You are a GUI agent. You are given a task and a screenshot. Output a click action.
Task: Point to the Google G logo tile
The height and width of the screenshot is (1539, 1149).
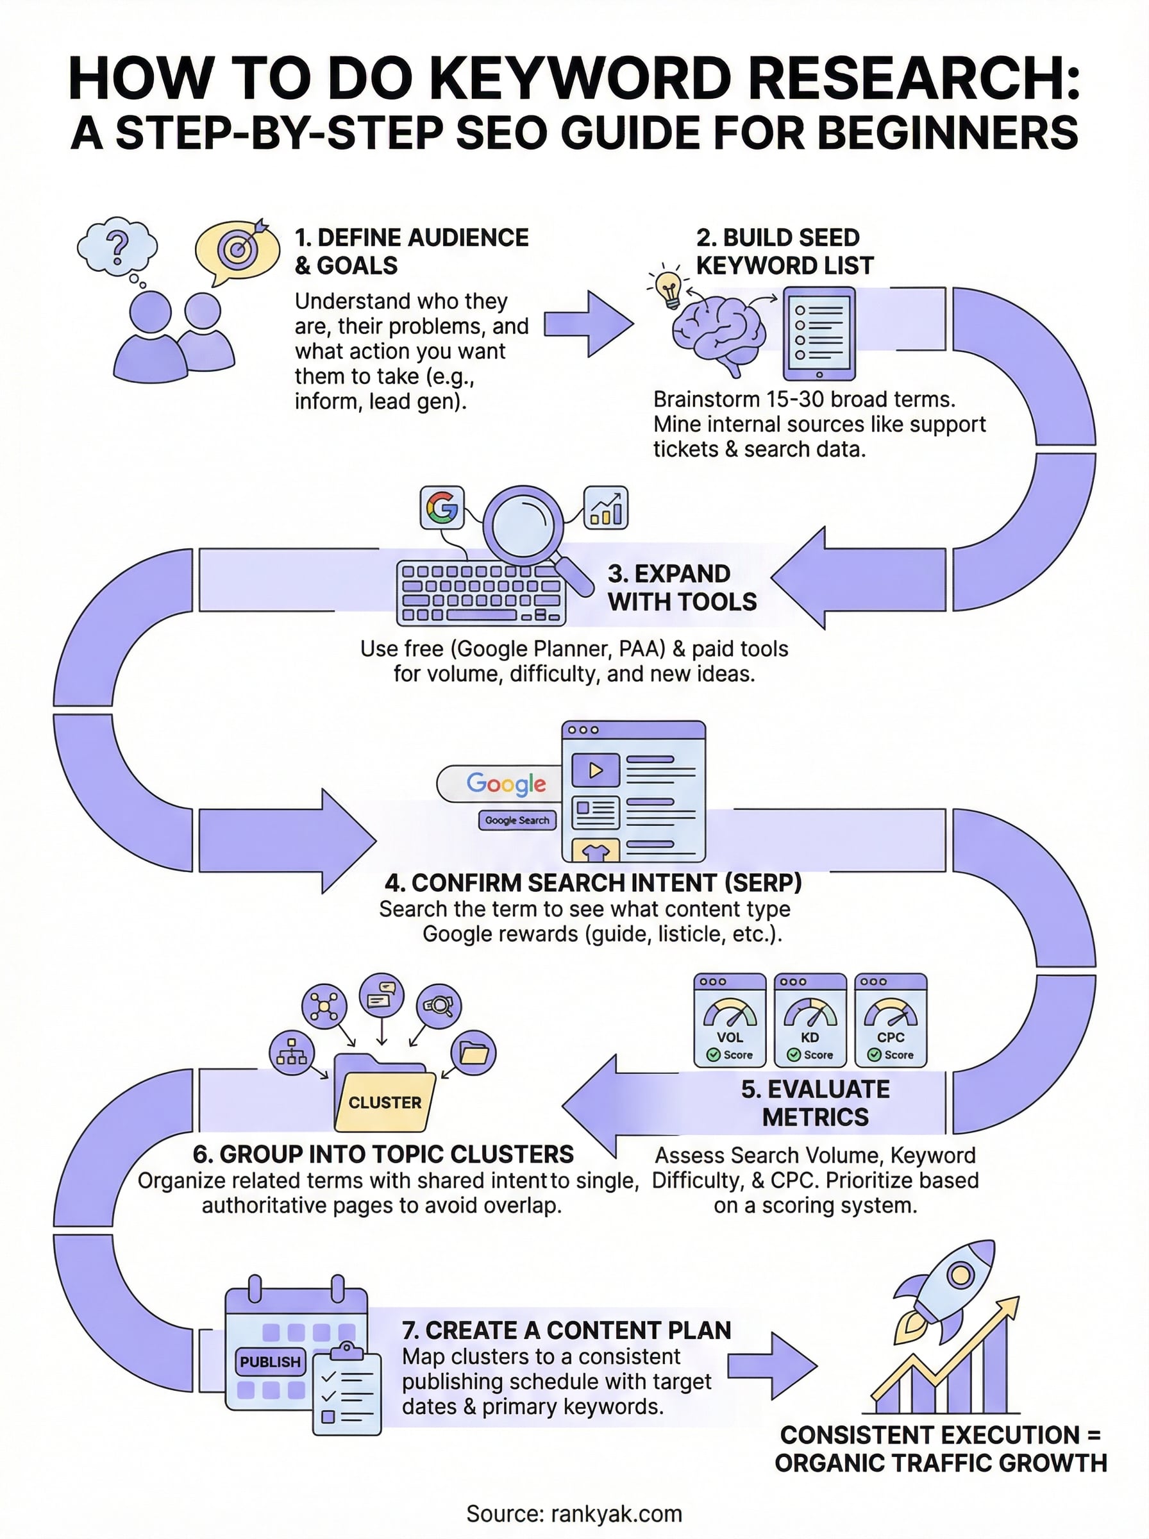coord(442,508)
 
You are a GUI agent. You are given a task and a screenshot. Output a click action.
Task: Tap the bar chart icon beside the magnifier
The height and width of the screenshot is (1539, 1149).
coord(606,508)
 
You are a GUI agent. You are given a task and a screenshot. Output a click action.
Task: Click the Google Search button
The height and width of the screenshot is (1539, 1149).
coord(517,821)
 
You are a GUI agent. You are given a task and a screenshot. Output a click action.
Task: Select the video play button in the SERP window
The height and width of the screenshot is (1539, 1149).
coord(596,771)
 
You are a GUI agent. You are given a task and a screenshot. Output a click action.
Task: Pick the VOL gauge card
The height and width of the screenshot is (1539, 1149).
coord(730,1020)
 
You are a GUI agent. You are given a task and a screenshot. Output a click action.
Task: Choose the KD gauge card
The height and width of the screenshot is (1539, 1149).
coord(810,1020)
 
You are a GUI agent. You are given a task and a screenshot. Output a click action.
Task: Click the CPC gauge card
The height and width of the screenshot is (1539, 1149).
coord(890,1020)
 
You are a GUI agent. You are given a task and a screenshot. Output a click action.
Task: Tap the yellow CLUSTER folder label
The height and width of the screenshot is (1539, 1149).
coord(385,1102)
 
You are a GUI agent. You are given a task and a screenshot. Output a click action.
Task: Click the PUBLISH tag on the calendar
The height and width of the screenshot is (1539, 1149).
coord(270,1361)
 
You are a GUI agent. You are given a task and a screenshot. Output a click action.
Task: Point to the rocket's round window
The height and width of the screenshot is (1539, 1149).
coord(960,1275)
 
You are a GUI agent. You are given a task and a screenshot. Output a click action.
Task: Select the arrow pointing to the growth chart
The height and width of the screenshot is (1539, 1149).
coord(773,1367)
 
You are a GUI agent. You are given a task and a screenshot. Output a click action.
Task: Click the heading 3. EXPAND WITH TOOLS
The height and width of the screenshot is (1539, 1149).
coord(682,587)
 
